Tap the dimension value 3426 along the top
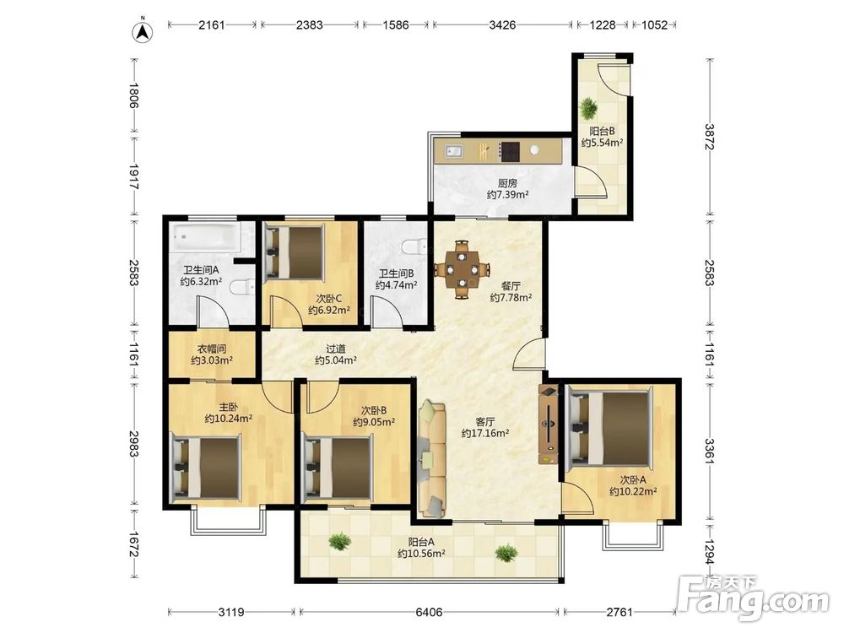pos(502,24)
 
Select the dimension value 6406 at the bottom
pos(429,612)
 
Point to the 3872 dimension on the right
pos(709,137)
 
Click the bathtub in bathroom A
pos(205,237)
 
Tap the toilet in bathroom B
pos(414,246)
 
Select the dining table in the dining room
pos(462,268)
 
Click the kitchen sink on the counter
pos(453,151)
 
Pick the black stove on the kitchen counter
pos(509,151)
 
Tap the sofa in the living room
pos(432,459)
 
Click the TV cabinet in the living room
pos(549,424)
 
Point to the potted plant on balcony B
pos(588,109)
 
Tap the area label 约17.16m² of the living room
pos(485,433)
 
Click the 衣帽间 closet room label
pos(212,349)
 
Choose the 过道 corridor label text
pos(335,349)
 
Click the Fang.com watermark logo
pos(754,598)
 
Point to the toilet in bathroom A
pos(242,288)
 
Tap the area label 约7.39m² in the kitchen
pos(507,195)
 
